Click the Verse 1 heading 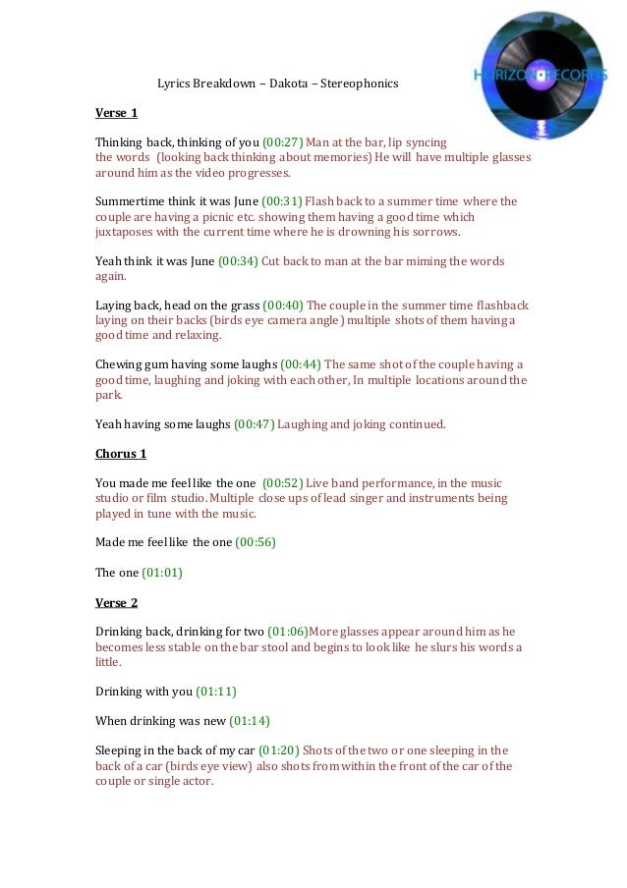pyautogui.click(x=116, y=113)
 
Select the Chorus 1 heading pyautogui.click(x=121, y=454)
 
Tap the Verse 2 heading pyautogui.click(x=116, y=602)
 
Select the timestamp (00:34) pyautogui.click(x=238, y=261)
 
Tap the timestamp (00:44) pyautogui.click(x=301, y=364)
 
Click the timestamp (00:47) pyautogui.click(x=254, y=424)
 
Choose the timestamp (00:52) pyautogui.click(x=282, y=483)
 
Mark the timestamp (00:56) pyautogui.click(x=256, y=542)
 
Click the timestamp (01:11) pyautogui.click(x=216, y=692)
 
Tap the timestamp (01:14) pyautogui.click(x=249, y=721)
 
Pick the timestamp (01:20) pyautogui.click(x=278, y=751)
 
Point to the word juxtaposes pyautogui.click(x=126, y=233)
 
